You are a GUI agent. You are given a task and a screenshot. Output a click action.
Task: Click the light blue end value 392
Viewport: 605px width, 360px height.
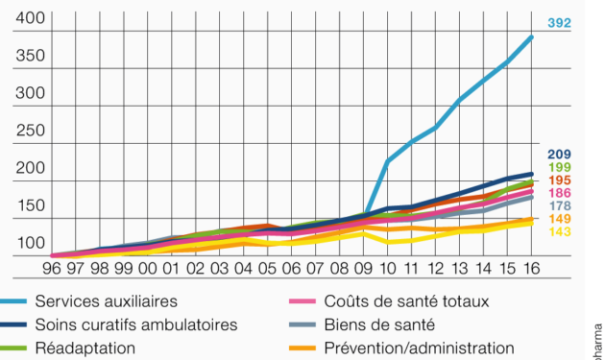(x=559, y=23)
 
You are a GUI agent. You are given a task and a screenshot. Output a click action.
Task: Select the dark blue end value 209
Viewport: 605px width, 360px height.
(x=559, y=155)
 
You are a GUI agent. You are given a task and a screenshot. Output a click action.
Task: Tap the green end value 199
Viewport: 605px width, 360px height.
(x=559, y=168)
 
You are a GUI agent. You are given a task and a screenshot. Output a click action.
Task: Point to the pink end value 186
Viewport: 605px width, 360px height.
(x=559, y=194)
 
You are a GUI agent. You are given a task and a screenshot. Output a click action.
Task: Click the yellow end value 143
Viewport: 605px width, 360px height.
(x=559, y=232)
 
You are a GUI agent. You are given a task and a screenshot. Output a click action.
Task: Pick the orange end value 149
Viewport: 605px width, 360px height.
(x=559, y=219)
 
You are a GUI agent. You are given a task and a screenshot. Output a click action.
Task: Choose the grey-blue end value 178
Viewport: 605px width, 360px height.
(x=559, y=206)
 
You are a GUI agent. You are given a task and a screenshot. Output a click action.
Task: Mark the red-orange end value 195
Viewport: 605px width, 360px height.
(x=559, y=180)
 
